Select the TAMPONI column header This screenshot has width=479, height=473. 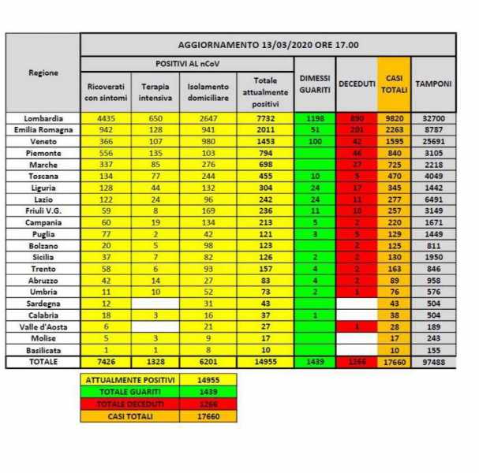pyautogui.click(x=433, y=84)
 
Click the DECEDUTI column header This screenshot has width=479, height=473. pyautogui.click(x=357, y=84)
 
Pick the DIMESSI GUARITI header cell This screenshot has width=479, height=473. pyautogui.click(x=314, y=84)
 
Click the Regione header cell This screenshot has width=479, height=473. pyautogui.click(x=43, y=73)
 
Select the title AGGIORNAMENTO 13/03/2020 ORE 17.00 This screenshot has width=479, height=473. pyautogui.click(x=268, y=45)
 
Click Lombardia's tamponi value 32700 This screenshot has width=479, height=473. pyautogui.click(x=433, y=118)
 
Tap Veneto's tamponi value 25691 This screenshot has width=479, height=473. pyautogui.click(x=433, y=139)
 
